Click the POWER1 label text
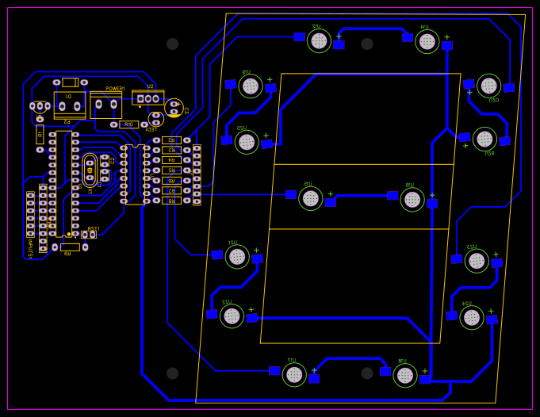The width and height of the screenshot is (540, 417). pos(115,89)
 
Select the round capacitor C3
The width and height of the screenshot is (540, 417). pos(174,108)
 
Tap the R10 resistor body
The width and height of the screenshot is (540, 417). pos(128,124)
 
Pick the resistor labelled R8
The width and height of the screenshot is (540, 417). pos(171,201)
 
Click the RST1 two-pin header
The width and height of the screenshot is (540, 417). pos(88,235)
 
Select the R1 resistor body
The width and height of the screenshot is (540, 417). pos(40,134)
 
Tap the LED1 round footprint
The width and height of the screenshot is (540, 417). pos(155,119)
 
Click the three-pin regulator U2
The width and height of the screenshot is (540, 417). pos(147,98)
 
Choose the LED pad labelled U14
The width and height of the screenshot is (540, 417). pos(427,41)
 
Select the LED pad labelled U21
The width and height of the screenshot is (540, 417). pos(237,256)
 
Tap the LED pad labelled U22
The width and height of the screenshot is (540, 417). pos(232,316)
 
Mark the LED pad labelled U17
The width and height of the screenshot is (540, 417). pos(294,374)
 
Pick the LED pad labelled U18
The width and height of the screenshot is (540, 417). pos(405,375)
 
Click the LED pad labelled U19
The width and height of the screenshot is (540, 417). pos(251,86)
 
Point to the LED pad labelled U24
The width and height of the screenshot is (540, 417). pos(472,317)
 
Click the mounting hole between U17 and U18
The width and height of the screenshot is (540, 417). pos(367,373)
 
